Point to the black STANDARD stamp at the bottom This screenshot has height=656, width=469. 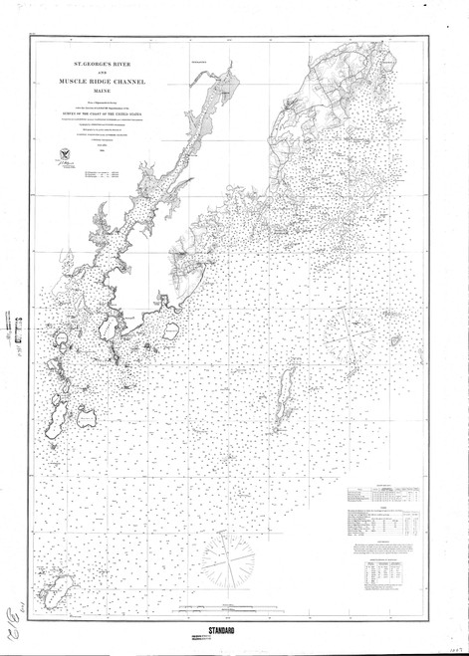pyautogui.click(x=235, y=631)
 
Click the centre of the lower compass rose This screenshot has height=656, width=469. pyautogui.click(x=235, y=551)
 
